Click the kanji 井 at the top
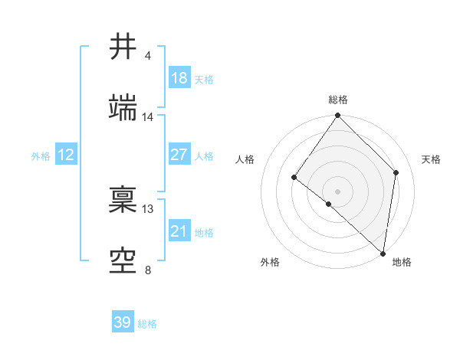[x=124, y=47]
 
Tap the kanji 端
[x=124, y=109]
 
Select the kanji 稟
[x=124, y=201]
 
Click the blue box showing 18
[x=179, y=78]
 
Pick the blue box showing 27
[x=179, y=155]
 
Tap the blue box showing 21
[x=179, y=231]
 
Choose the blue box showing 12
[x=66, y=155]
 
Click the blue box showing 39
[x=123, y=322]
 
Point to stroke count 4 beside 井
[x=148, y=56]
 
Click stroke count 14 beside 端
[x=148, y=117]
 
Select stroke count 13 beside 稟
[x=148, y=209]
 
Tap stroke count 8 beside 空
[x=148, y=270]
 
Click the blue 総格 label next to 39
[x=148, y=324]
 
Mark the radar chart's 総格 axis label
[x=338, y=100]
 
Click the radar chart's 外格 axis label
[x=270, y=263]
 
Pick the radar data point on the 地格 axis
[x=383, y=254]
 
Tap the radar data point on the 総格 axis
[x=338, y=116]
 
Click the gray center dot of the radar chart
[x=338, y=191]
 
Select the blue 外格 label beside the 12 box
[x=41, y=155]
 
